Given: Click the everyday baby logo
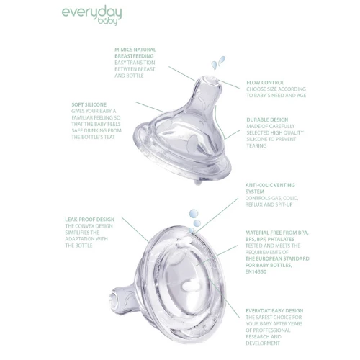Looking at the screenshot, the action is click(x=92, y=16).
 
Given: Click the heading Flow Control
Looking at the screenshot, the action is click(x=265, y=83).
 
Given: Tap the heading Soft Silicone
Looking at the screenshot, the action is click(x=89, y=104).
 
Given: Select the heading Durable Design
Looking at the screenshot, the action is click(x=267, y=120).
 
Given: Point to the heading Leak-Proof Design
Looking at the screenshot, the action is click(x=90, y=220).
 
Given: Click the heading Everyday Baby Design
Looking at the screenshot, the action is click(x=274, y=311).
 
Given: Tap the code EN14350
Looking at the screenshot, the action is click(x=256, y=271).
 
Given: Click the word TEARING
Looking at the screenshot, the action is click(x=256, y=145).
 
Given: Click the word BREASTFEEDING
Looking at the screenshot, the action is click(x=134, y=56).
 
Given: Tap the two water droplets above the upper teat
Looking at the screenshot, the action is click(x=218, y=63).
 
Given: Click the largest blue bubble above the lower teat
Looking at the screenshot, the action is click(x=194, y=213).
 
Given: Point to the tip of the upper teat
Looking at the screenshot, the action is click(x=210, y=80).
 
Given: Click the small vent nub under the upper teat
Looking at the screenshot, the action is click(x=198, y=183).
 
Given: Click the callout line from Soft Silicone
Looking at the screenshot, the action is click(x=149, y=107).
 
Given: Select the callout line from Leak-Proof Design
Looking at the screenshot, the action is click(x=135, y=230).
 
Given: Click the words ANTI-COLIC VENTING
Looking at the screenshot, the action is click(x=270, y=185).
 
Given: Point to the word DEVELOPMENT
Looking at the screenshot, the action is click(x=263, y=343).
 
